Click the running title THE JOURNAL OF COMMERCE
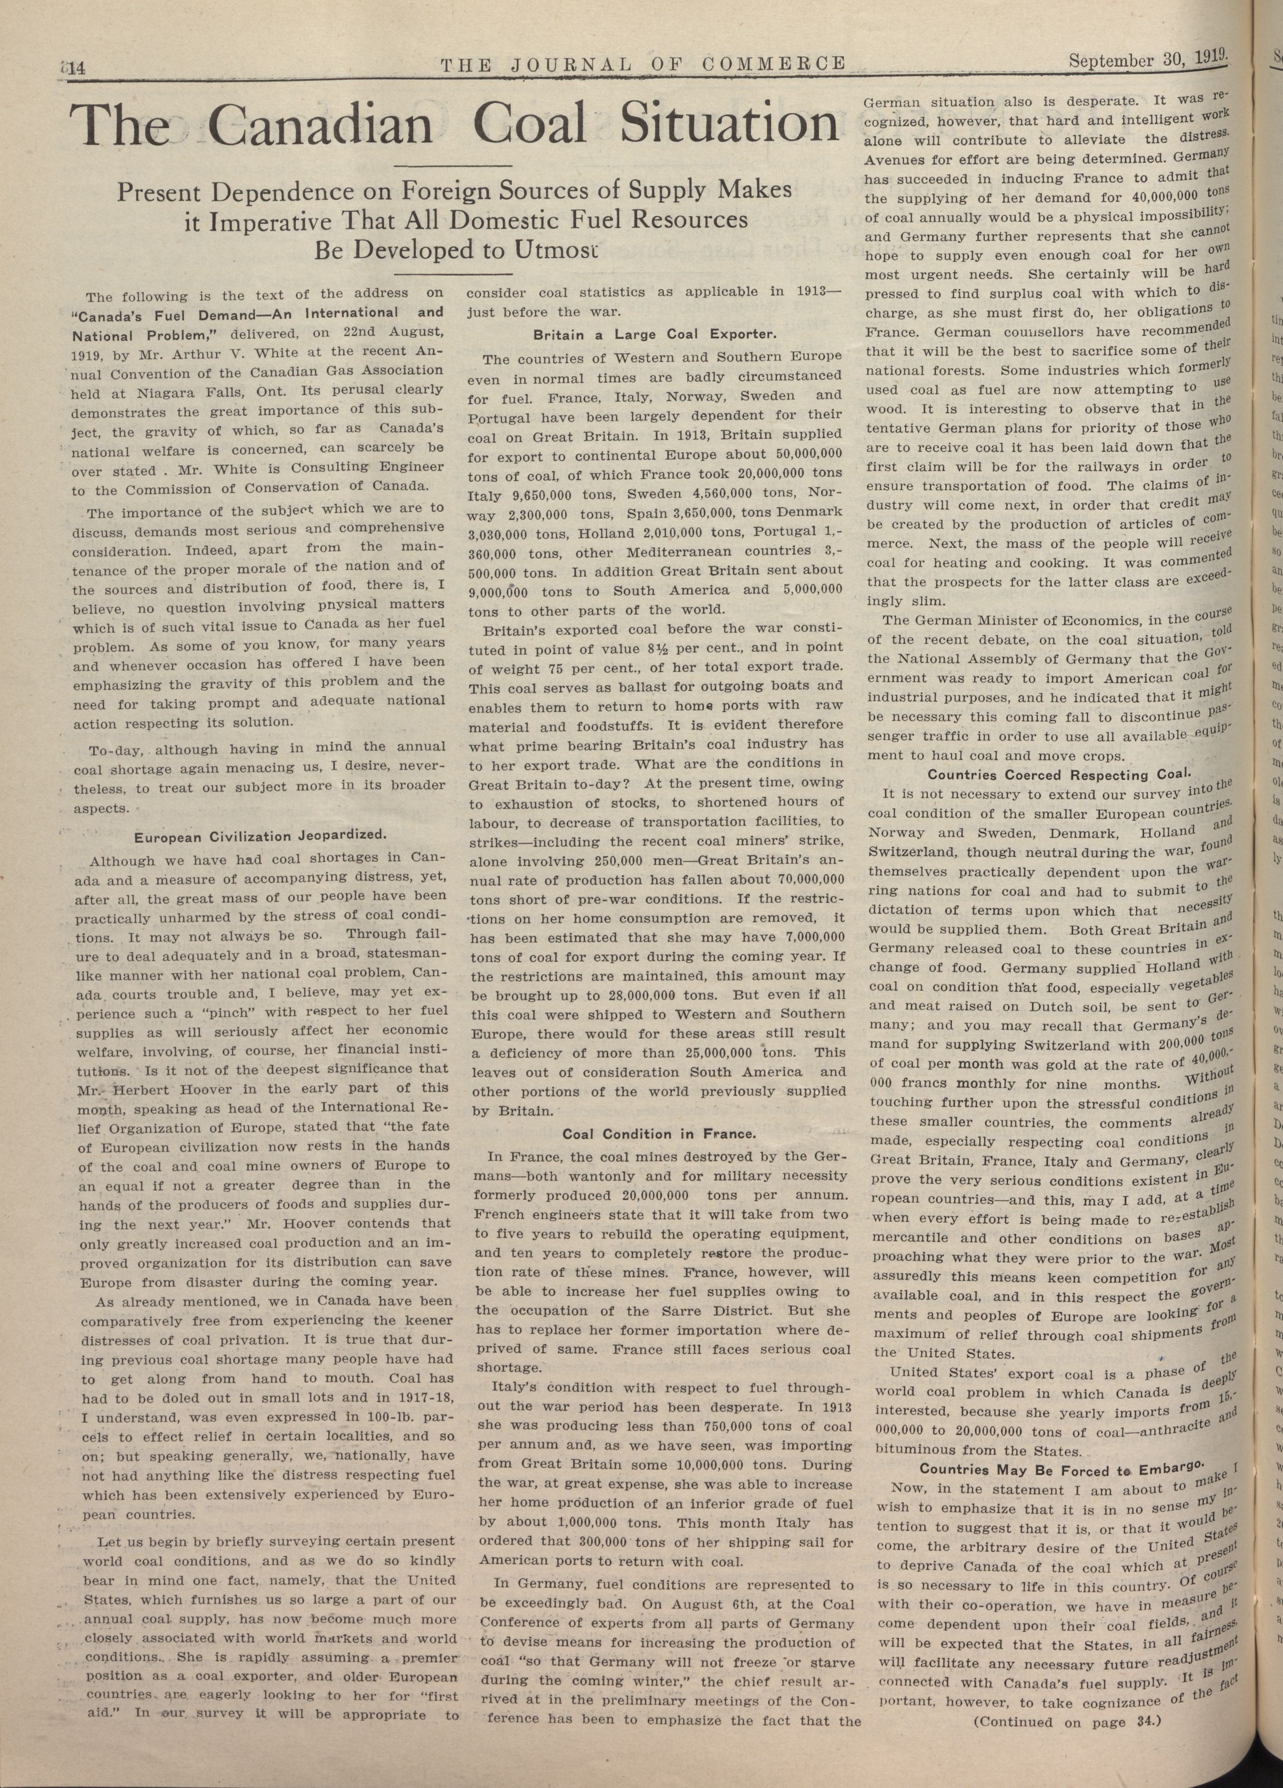point(642,65)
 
